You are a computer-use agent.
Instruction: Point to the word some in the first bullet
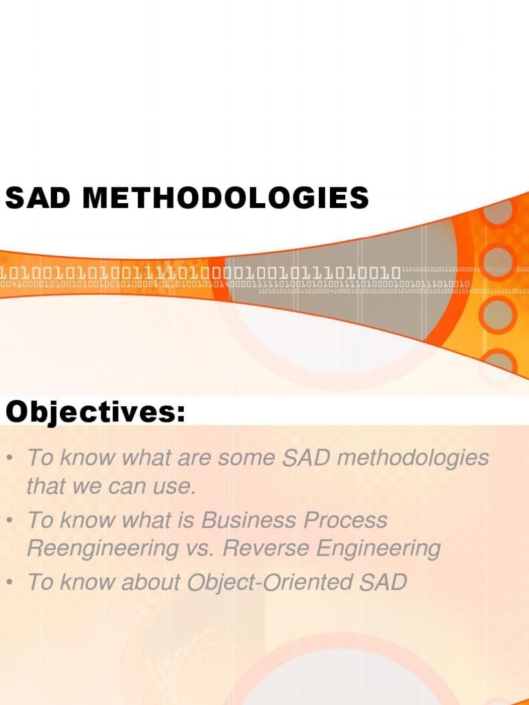point(232,458)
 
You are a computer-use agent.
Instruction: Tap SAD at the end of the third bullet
point(382,582)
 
